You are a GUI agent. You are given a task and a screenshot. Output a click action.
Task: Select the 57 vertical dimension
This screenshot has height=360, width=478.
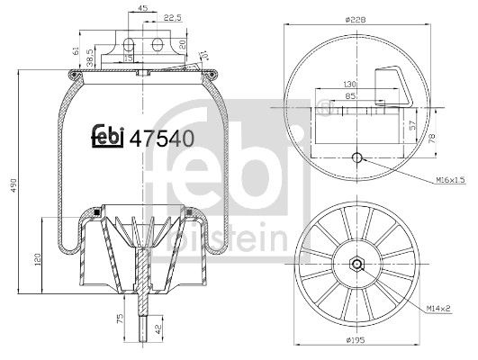point(413,126)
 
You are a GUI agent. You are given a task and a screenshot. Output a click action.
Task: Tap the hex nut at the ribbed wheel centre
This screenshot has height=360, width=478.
point(357,265)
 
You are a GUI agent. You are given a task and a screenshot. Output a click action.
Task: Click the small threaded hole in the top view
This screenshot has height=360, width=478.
point(357,159)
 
